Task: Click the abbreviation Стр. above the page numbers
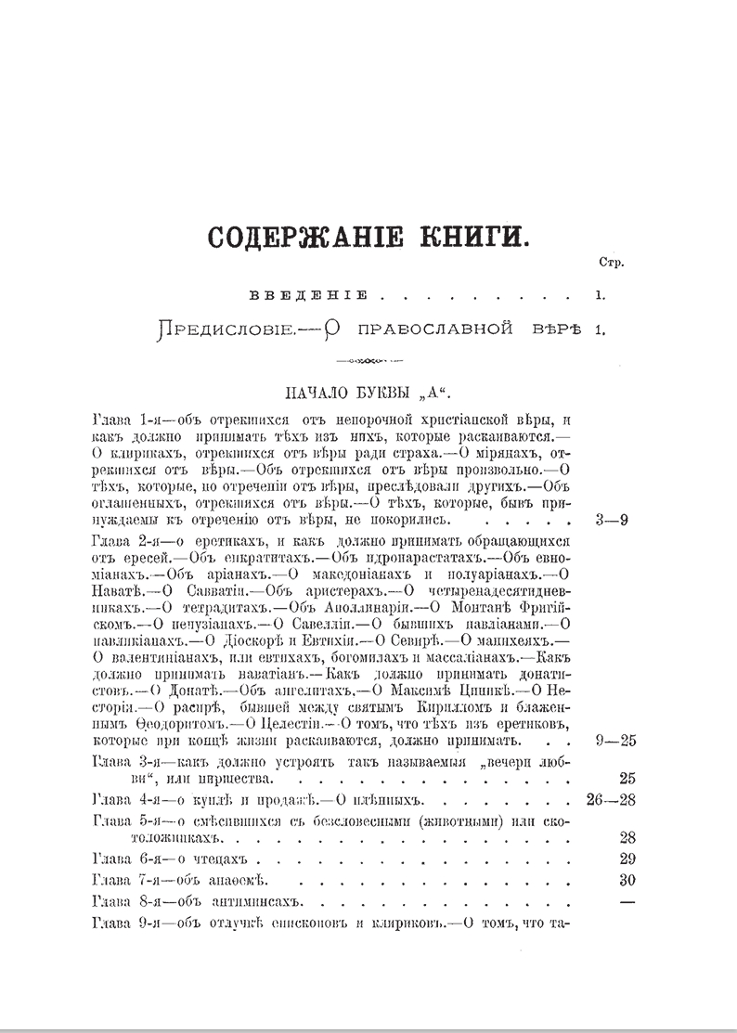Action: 612,262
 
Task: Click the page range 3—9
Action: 612,520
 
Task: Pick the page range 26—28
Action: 612,799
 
